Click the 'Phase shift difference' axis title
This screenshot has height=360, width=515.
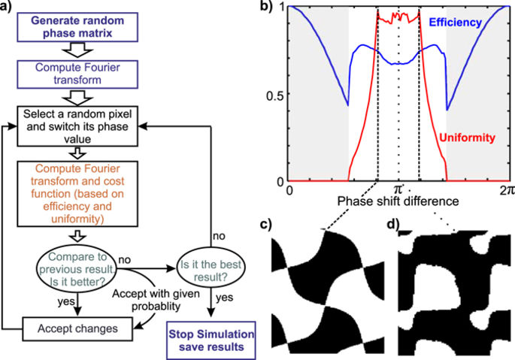[398, 203]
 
